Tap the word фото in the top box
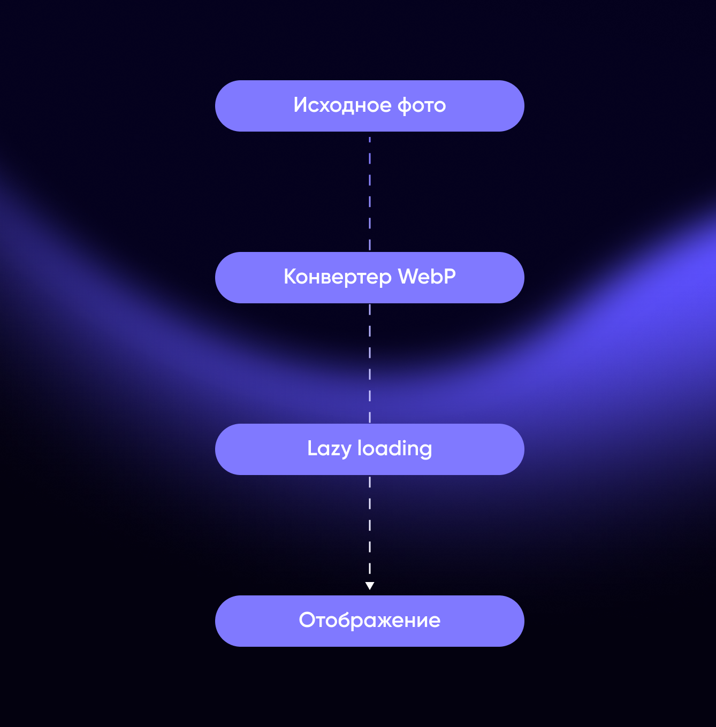(x=422, y=105)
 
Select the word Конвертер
(x=338, y=278)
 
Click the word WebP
(x=427, y=277)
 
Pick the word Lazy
(x=329, y=449)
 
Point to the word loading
(x=394, y=449)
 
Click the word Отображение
(x=370, y=620)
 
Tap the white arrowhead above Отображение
(x=370, y=586)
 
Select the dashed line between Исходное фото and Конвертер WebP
(x=370, y=194)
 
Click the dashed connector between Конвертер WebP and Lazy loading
(x=370, y=363)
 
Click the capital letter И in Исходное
(x=301, y=105)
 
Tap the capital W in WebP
(x=409, y=277)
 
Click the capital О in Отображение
(x=308, y=620)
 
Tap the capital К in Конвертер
(x=291, y=277)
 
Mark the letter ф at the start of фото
(x=405, y=106)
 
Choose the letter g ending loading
(x=425, y=451)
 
